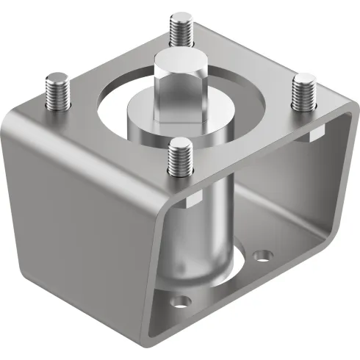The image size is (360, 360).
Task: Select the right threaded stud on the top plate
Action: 303,92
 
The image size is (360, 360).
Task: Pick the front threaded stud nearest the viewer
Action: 179,158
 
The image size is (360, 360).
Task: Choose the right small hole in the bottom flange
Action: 262,256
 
